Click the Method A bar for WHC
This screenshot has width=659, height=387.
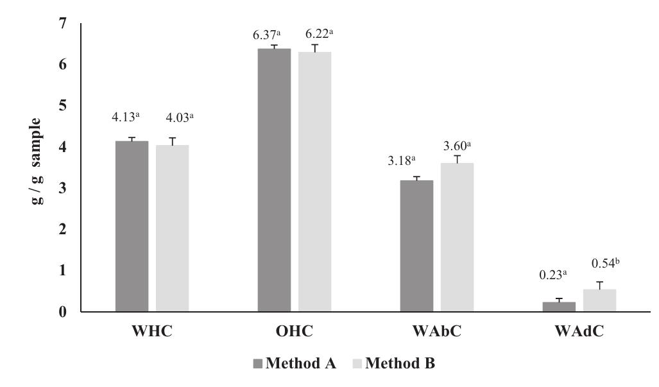coord(132,226)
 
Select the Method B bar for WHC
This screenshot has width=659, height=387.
coord(172,228)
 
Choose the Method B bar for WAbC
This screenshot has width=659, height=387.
coord(457,237)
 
